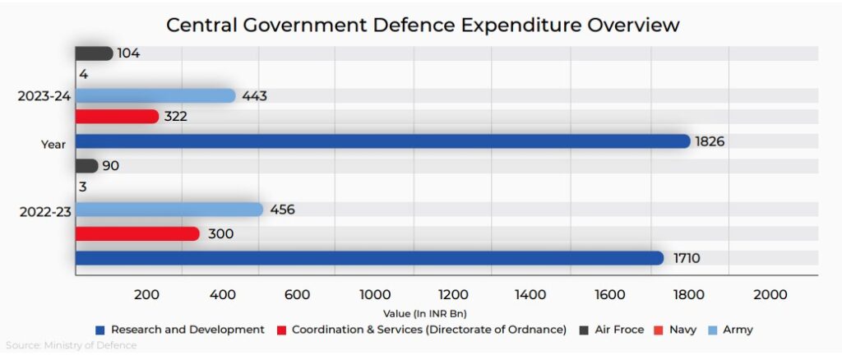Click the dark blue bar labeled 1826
tap(382, 141)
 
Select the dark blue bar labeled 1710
tap(369, 258)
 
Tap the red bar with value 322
tap(117, 117)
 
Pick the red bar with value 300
tap(137, 234)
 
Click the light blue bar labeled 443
tap(155, 96)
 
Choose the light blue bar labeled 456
tap(169, 210)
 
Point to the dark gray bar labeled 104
tap(94, 53)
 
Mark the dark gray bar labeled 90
tap(86, 166)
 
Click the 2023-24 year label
tap(44, 97)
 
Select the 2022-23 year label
tap(44, 212)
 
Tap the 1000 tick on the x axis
tap(375, 295)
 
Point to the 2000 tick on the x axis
tap(770, 295)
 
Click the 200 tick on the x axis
tap(146, 295)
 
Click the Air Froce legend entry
tap(618, 330)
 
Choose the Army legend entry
tap(737, 330)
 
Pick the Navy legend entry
tap(682, 330)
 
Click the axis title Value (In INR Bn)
tap(424, 313)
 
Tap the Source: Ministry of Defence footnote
tap(72, 345)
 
